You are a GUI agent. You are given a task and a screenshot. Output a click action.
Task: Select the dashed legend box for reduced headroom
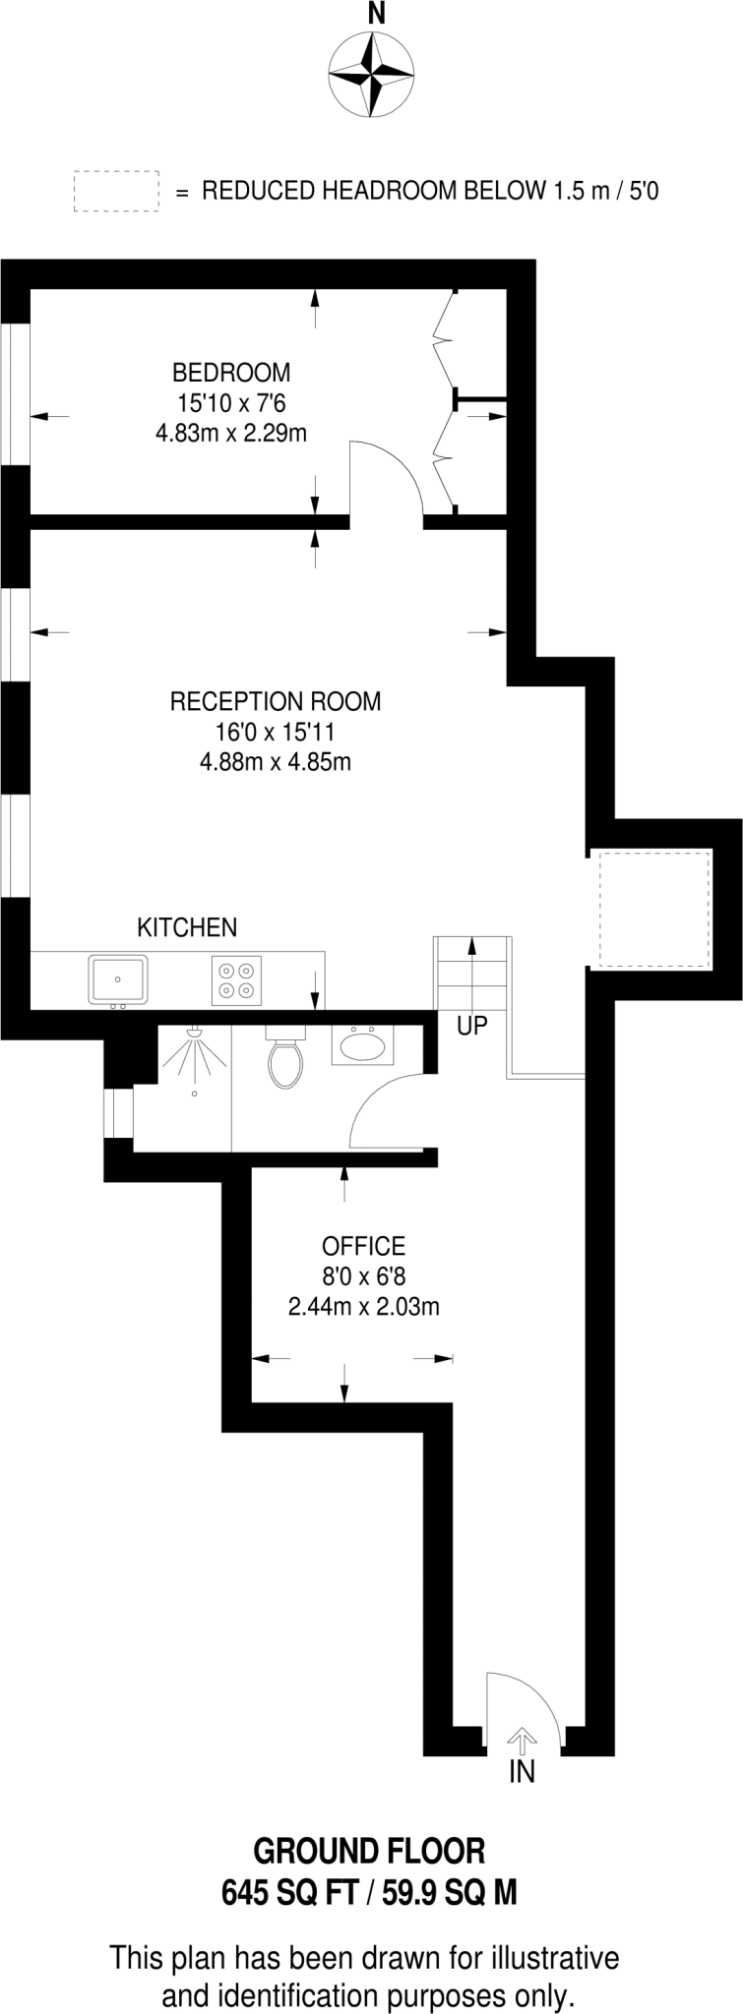[116, 191]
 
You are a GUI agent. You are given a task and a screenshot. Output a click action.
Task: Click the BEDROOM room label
[231, 373]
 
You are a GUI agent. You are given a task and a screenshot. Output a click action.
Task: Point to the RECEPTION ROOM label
[276, 701]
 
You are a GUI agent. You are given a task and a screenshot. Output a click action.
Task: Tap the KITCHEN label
[186, 927]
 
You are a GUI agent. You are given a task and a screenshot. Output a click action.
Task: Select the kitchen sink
[118, 979]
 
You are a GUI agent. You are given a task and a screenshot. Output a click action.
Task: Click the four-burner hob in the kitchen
[237, 979]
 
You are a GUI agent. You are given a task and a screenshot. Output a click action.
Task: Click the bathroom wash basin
[363, 1045]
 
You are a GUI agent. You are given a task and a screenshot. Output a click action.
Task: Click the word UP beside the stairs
[472, 1026]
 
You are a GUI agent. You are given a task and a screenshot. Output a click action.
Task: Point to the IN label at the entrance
[522, 1772]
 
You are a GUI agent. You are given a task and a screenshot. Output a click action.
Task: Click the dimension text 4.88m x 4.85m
[276, 761]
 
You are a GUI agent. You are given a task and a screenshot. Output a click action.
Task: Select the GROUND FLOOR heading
[370, 1852]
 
